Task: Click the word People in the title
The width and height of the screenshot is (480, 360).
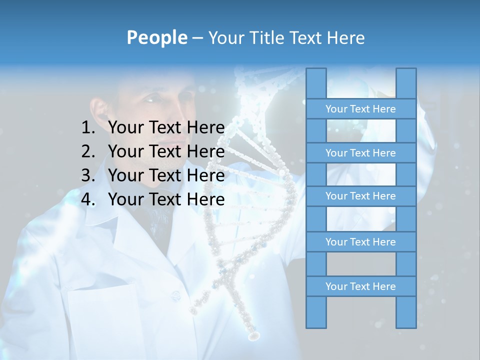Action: [156, 37]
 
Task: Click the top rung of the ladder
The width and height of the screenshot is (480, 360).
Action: [360, 109]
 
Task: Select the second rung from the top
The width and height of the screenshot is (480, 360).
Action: [360, 153]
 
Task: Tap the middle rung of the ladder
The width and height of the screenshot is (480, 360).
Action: [360, 196]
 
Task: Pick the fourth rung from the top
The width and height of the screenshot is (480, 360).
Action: [360, 242]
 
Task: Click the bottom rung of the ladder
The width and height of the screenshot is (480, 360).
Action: [360, 286]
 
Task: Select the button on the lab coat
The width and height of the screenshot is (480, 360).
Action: [176, 296]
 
